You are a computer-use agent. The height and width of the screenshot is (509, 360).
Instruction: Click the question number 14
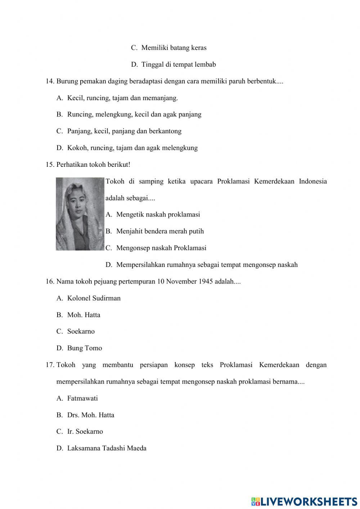pos(50,81)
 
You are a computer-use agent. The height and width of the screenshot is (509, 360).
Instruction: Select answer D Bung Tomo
pos(84,348)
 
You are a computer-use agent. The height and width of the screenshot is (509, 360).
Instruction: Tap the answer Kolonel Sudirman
pos(94,298)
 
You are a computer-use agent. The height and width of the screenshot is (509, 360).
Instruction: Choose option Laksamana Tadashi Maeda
pos(107,448)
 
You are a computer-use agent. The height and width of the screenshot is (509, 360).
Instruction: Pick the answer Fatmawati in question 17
pos(82,398)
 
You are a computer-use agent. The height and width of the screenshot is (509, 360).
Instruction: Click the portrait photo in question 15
pos(80,214)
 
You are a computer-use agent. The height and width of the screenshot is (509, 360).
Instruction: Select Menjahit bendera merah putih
pos(160,231)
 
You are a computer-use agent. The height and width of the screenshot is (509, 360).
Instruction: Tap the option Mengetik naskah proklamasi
pos(158,215)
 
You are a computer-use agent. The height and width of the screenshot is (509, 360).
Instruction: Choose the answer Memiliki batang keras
pos(174,48)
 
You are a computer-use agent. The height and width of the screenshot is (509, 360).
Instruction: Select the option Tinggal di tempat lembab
pos(178,64)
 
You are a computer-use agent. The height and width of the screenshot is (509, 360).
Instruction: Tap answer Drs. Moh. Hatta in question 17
pos(90,415)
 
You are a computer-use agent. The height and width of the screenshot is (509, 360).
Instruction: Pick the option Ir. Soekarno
pos(85,432)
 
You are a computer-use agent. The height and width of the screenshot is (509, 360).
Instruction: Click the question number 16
pos(50,281)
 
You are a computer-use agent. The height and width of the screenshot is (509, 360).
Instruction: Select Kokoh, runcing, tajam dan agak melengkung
pos(132,148)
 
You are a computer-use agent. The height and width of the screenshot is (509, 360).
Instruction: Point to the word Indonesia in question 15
pos(312,181)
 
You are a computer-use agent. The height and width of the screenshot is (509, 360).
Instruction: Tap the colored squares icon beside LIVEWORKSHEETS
pos(256,501)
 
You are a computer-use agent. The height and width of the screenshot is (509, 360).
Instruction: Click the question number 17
pos(50,365)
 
